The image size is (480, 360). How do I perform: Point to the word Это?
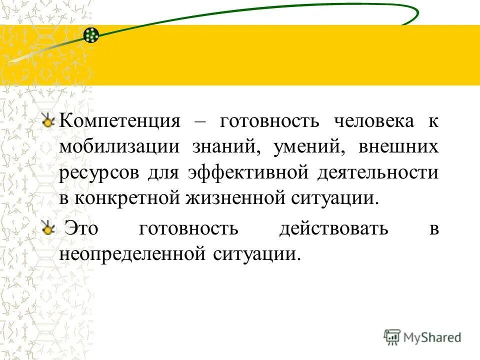(x=82, y=228)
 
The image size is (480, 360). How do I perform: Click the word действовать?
(x=333, y=228)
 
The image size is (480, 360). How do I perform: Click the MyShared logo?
(x=422, y=337)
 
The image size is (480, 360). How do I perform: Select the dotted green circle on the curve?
(x=91, y=35)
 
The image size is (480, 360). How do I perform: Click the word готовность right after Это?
(x=188, y=228)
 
